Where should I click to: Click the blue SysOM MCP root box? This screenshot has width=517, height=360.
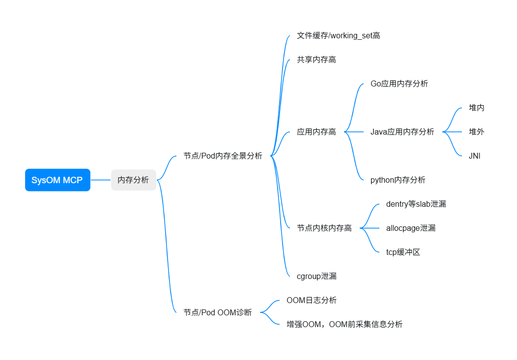coord(57,180)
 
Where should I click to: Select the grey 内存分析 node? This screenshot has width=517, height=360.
coord(133,180)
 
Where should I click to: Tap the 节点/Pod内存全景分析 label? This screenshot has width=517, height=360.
coord(223,156)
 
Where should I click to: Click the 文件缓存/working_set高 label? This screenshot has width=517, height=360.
coord(338,35)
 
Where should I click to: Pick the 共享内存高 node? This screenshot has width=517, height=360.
coord(316,59)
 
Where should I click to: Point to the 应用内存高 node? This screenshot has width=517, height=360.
coord(316,132)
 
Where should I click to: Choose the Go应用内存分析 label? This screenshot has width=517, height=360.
coord(399,83)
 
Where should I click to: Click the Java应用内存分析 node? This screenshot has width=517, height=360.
coord(402,132)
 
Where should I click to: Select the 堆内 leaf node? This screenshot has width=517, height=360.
coord(476,108)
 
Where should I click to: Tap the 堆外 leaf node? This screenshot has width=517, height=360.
coord(476,132)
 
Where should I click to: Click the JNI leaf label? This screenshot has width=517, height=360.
coord(475,156)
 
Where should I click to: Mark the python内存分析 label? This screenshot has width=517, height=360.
coord(398,180)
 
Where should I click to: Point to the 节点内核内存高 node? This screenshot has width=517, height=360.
coord(324,228)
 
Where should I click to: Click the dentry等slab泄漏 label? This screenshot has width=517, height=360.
coord(416,204)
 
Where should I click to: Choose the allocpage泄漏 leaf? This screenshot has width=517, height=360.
coord(410,228)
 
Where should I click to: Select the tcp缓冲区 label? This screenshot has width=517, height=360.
coord(403,252)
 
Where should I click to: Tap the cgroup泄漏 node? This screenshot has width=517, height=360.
coord(316,276)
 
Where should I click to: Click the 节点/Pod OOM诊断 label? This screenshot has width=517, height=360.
coord(217,312)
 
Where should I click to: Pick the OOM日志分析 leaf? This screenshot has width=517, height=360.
coord(311,300)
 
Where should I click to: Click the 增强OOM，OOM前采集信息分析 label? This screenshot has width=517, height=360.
coord(344,324)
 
